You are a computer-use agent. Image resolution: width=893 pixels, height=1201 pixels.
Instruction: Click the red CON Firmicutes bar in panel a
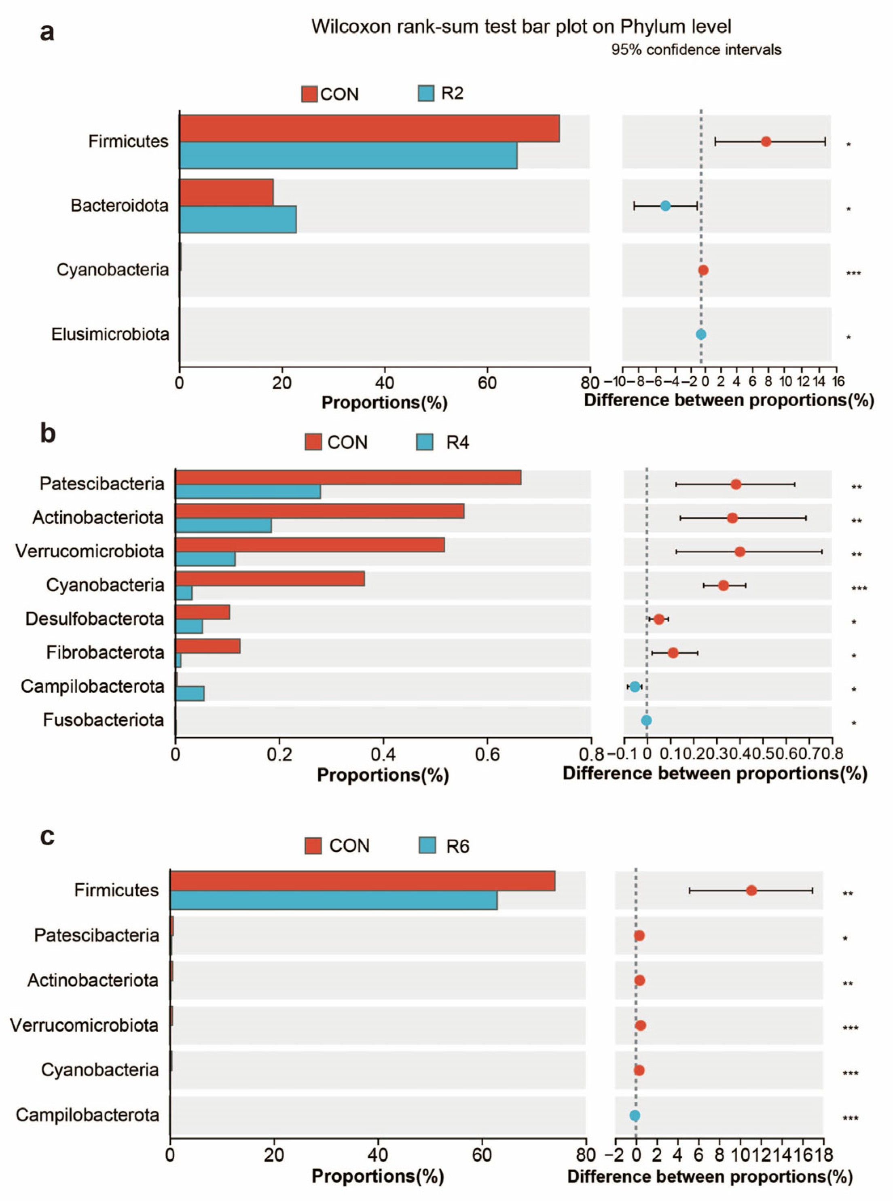pos(369,129)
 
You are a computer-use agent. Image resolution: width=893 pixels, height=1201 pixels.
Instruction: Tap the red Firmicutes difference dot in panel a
pos(766,142)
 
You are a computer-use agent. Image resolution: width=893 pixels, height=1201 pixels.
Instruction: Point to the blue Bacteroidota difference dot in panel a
pos(665,206)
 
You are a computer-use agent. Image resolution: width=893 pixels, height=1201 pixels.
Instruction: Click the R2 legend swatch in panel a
pos(426,93)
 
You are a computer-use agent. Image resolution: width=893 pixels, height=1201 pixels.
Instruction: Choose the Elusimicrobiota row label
pos(110,335)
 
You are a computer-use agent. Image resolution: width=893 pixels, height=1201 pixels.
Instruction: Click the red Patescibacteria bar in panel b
pos(348,477)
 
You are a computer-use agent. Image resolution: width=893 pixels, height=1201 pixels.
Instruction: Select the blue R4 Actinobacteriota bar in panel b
pos(223,525)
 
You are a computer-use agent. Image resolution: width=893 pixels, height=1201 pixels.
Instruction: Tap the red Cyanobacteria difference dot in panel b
pos(723,585)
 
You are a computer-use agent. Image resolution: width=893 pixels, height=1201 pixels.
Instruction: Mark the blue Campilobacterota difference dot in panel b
pos(635,687)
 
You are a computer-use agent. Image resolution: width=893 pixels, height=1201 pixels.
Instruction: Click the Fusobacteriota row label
pos(103,720)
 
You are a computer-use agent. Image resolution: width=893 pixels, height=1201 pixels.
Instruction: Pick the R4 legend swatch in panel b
pos(425,442)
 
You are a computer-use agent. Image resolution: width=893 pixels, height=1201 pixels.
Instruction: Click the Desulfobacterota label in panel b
pos(95,619)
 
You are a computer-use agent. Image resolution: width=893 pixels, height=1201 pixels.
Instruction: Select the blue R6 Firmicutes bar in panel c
pos(334,900)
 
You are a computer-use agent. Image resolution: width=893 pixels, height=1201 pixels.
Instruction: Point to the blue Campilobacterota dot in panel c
pos(635,1116)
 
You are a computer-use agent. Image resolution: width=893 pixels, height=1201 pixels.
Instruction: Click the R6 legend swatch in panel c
pos(427,845)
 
